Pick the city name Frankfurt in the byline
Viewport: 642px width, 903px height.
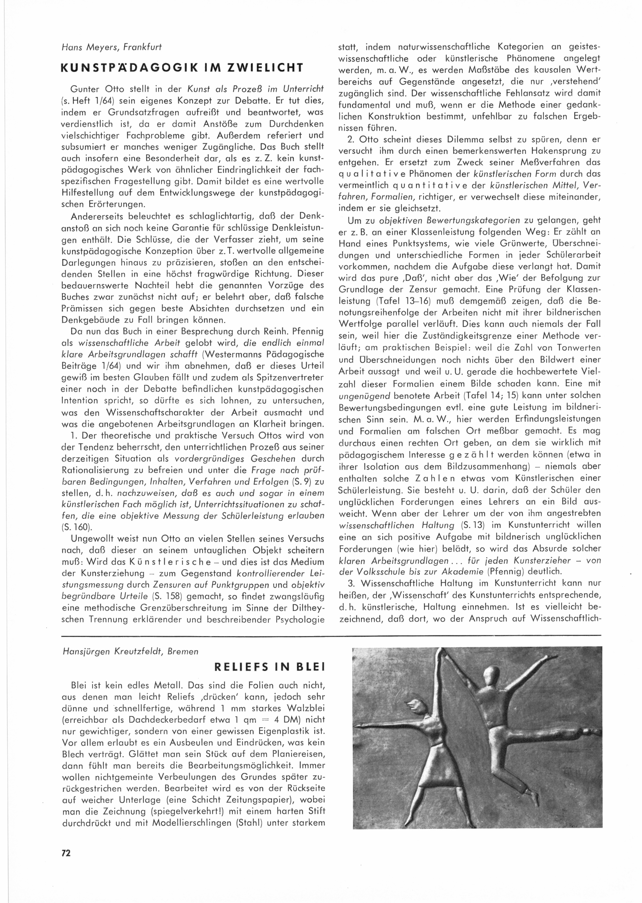click(x=142, y=47)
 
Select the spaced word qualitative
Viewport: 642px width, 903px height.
click(x=368, y=173)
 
